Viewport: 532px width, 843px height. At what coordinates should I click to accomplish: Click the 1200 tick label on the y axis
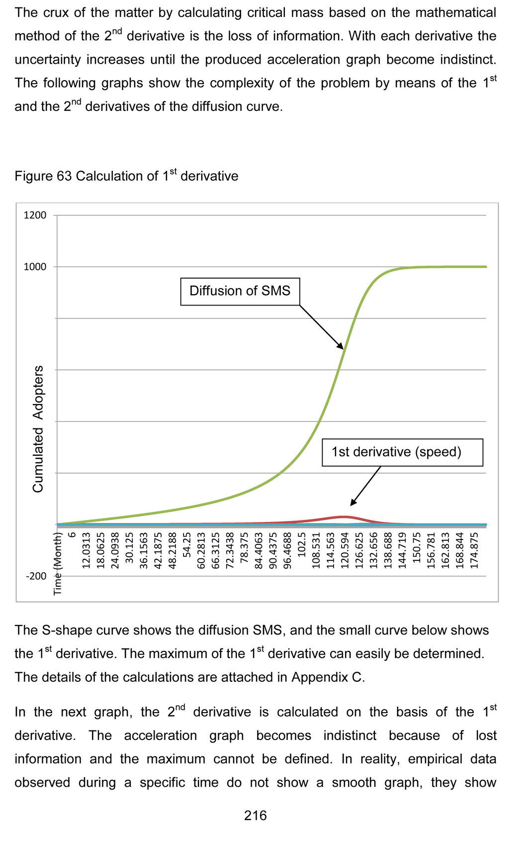coord(35,215)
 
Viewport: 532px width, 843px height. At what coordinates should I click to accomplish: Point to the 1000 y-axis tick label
coord(35,267)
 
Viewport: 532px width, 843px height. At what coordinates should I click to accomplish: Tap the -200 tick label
coord(36,576)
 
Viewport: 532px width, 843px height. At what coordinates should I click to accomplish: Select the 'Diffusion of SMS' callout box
coord(240,291)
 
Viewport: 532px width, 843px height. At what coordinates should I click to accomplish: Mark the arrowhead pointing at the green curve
coord(341,346)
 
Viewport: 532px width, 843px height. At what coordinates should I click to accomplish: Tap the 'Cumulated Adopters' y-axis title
coord(38,429)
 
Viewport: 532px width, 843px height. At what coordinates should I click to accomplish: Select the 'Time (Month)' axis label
coord(58,563)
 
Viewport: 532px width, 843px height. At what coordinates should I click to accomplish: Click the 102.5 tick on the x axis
coord(301,545)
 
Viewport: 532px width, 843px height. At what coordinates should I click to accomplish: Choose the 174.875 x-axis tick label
coord(474,550)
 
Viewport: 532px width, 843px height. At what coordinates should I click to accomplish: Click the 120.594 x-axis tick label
coord(344,550)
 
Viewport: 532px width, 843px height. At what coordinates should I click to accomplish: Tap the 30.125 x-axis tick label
coord(129,548)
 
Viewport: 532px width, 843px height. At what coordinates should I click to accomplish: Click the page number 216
coord(255,816)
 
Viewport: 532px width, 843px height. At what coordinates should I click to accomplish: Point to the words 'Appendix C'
coord(328,677)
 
